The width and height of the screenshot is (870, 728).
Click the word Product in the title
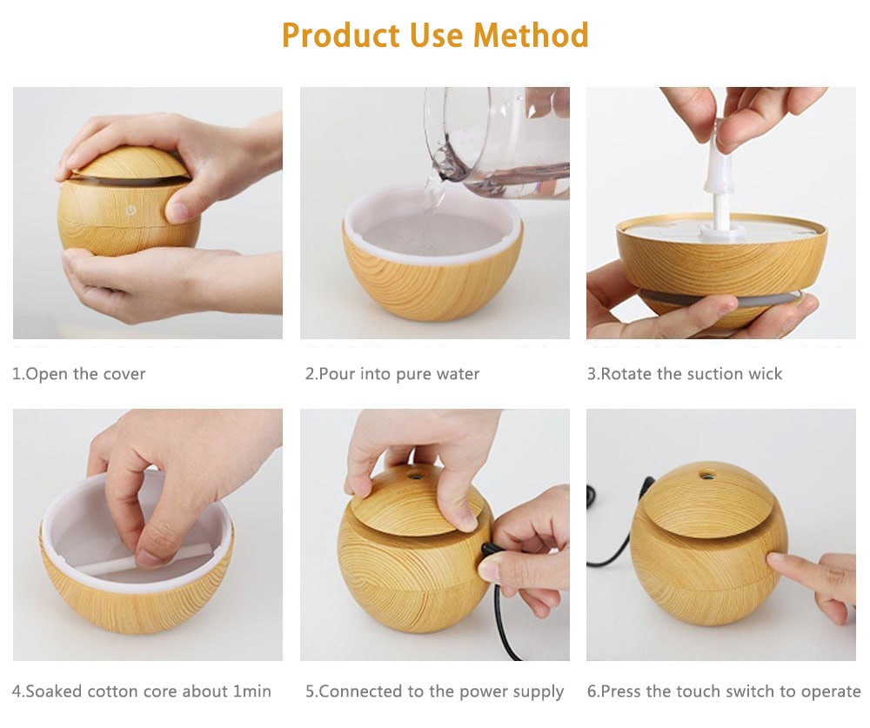coord(338,36)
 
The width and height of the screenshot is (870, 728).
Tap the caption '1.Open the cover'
coord(78,374)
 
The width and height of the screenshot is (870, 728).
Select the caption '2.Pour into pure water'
coord(392,374)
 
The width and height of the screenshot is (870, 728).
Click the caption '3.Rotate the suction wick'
coord(685,374)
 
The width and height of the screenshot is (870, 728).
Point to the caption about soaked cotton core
coord(142,691)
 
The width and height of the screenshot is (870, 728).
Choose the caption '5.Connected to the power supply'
coord(434,691)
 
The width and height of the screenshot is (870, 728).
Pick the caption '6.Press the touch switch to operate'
coord(723,691)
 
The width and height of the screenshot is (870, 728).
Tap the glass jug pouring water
coord(496,139)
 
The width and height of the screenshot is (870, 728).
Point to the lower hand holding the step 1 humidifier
coord(130,278)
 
